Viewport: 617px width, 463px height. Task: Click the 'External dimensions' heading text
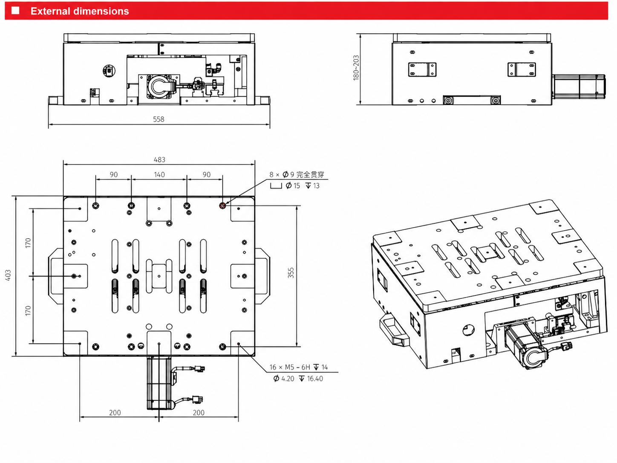click(x=80, y=11)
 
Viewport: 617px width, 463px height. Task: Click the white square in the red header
click(x=15, y=11)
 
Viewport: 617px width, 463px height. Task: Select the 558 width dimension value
click(x=159, y=119)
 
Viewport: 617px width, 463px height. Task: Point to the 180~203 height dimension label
click(x=356, y=68)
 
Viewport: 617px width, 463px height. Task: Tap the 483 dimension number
click(x=159, y=160)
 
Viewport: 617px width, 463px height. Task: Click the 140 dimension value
click(x=159, y=174)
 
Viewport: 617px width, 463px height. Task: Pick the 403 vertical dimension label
click(x=8, y=275)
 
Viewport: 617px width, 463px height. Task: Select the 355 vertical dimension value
click(x=291, y=273)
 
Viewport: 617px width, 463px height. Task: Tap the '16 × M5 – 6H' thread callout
click(x=290, y=367)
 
